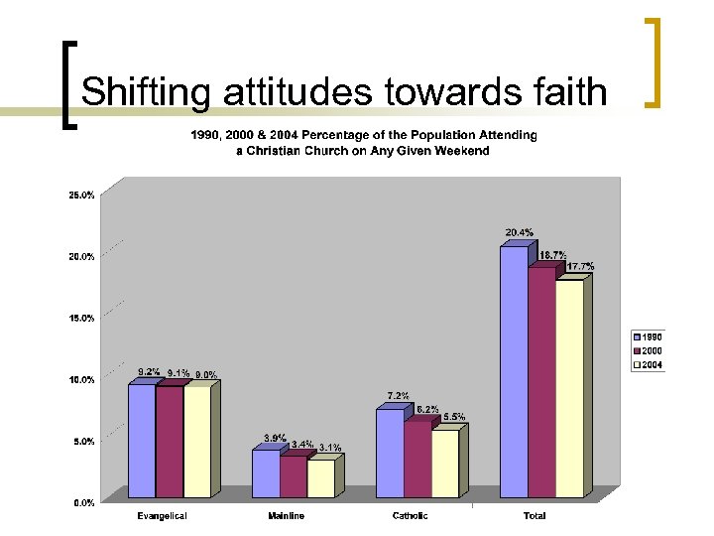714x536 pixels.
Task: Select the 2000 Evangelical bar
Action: [170, 441]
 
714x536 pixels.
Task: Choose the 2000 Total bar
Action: [541, 382]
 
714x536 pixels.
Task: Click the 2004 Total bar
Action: [569, 388]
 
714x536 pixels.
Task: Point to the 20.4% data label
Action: [519, 233]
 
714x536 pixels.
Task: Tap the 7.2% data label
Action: [398, 396]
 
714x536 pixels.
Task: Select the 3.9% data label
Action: [275, 438]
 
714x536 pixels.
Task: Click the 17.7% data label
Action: [580, 267]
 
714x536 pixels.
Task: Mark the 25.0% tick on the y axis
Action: [82, 196]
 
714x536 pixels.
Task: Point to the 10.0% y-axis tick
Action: [82, 380]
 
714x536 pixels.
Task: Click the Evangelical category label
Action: [161, 516]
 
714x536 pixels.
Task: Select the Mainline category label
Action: [287, 516]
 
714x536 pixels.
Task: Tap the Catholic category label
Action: [411, 516]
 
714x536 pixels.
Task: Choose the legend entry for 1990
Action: [649, 337]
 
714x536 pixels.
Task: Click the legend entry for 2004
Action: [649, 364]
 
